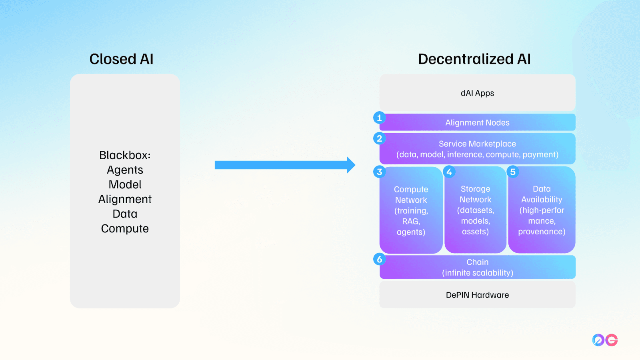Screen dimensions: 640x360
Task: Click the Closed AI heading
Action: (x=122, y=59)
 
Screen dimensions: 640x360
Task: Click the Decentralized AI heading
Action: (x=474, y=59)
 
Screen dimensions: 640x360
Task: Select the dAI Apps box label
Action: (x=477, y=93)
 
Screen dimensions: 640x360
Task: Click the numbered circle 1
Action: (x=380, y=118)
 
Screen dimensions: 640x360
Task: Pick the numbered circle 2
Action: (x=380, y=138)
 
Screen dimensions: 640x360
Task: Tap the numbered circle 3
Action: (x=380, y=172)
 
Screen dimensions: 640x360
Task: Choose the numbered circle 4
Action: (x=449, y=172)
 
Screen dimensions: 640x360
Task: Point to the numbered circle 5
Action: (x=513, y=172)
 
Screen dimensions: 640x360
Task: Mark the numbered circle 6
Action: (x=380, y=259)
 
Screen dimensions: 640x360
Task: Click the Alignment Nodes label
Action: (x=477, y=122)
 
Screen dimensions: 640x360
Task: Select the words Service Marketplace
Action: (x=477, y=144)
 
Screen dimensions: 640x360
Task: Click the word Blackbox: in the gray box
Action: (x=125, y=155)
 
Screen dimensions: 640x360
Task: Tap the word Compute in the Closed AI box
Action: (x=125, y=228)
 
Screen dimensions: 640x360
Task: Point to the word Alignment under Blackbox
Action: (x=125, y=199)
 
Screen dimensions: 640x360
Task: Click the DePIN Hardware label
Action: (x=477, y=295)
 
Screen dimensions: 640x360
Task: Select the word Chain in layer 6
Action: (x=478, y=262)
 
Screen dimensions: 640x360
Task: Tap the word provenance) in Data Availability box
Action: (x=542, y=232)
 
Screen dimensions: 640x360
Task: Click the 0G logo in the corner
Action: (x=605, y=340)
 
